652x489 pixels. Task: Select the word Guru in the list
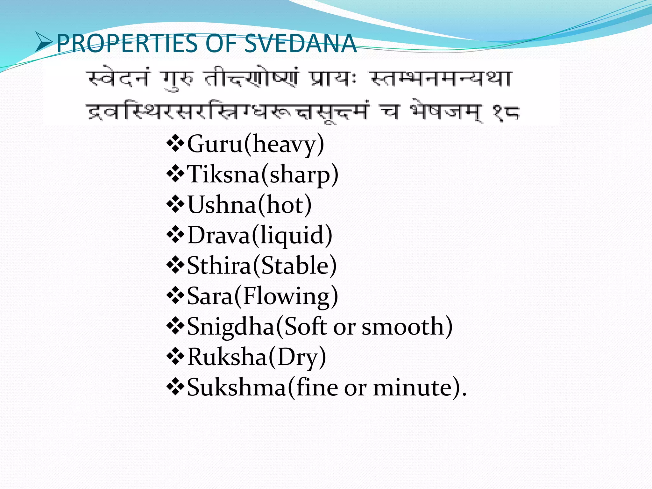[215, 144]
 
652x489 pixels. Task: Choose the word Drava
[219, 235]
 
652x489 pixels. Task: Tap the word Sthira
[219, 266]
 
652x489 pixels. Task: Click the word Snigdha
[231, 327]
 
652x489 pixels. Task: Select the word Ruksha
[227, 357]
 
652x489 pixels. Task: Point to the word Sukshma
[237, 387]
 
